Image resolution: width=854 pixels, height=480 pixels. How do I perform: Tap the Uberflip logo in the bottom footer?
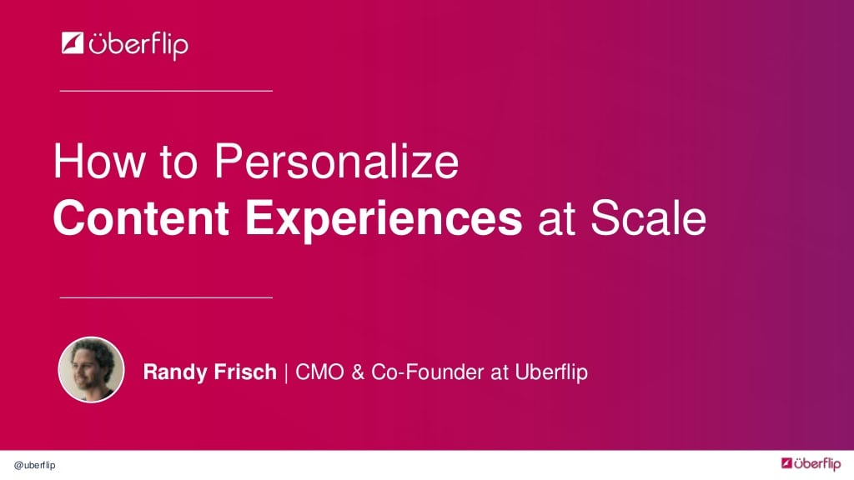(x=810, y=463)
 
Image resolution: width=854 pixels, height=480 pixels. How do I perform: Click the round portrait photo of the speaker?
(x=91, y=370)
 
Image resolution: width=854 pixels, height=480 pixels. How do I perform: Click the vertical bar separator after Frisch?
(x=286, y=372)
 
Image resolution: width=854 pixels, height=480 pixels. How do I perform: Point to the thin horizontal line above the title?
(x=167, y=90)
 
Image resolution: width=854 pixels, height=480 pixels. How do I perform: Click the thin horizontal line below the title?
(x=167, y=297)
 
